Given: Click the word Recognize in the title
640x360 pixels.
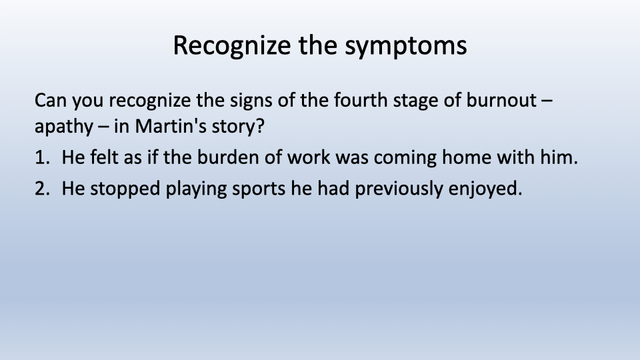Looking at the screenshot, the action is (x=232, y=45).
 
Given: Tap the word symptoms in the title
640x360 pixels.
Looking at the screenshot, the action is (x=406, y=46).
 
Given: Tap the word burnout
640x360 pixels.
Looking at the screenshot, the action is (x=501, y=101).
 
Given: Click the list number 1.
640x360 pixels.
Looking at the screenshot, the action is (x=42, y=157).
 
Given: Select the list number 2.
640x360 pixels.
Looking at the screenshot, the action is (x=42, y=189).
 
